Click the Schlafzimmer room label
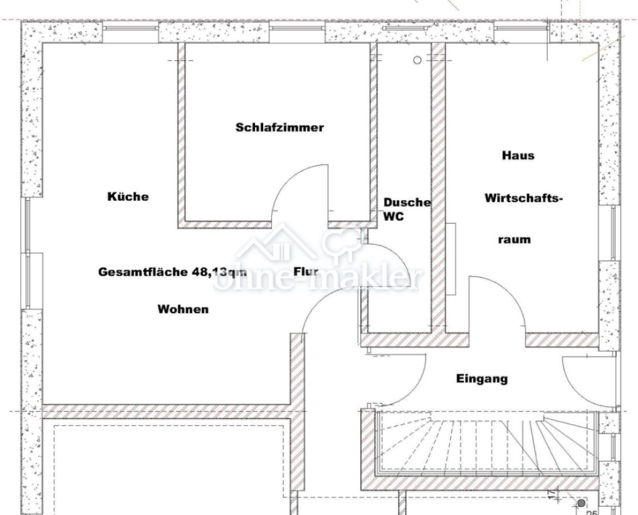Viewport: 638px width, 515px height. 280,128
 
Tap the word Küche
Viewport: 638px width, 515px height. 128,196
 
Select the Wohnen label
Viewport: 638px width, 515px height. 183,309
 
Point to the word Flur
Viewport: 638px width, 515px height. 306,271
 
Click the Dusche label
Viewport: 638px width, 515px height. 407,202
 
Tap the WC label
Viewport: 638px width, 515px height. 394,216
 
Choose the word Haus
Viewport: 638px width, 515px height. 518,155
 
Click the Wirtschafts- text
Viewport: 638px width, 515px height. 524,199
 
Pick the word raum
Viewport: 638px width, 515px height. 514,239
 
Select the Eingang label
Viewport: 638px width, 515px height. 482,379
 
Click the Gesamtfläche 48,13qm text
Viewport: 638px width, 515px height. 173,272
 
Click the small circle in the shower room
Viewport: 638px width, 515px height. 417,60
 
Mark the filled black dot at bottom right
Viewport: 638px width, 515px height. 581,504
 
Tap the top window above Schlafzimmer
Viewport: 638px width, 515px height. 298,28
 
